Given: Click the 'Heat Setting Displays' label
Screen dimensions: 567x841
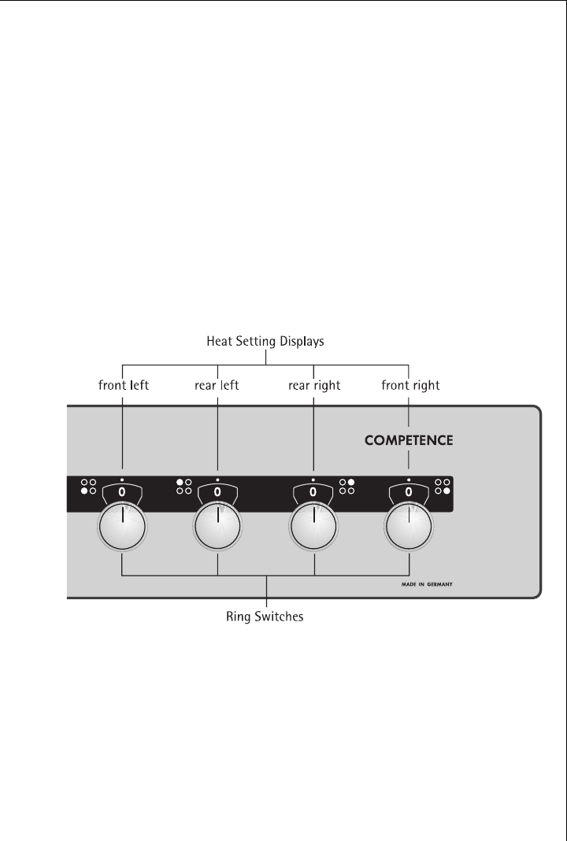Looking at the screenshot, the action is click(x=265, y=343).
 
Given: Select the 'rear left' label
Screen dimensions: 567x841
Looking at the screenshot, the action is click(x=217, y=386).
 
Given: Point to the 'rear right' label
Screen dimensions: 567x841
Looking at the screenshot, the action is click(x=313, y=386).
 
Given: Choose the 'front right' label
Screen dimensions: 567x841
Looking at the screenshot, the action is click(x=410, y=386).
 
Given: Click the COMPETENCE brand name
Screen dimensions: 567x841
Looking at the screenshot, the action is click(x=408, y=441).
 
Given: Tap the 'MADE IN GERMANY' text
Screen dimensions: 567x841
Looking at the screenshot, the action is click(x=425, y=585).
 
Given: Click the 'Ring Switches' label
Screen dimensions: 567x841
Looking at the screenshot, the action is click(x=266, y=617).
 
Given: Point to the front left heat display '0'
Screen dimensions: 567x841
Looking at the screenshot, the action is click(x=122, y=491).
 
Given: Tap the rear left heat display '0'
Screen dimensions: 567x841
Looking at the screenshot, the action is click(x=217, y=491).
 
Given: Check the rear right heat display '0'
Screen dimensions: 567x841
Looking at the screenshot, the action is click(x=313, y=491).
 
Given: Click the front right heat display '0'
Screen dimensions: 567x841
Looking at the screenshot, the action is click(x=409, y=491).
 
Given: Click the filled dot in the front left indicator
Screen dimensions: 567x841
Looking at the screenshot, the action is click(x=83, y=491).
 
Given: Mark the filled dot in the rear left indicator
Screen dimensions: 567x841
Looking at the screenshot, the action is click(x=180, y=481).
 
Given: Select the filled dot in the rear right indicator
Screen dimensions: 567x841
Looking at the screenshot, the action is click(x=351, y=481).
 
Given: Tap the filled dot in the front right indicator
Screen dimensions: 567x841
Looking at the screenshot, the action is click(x=447, y=491).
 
